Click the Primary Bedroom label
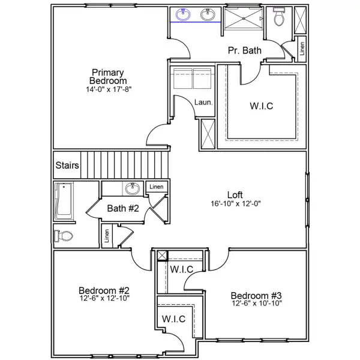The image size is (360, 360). click(108, 76)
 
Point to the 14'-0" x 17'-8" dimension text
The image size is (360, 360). click(108, 89)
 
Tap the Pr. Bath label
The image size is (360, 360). click(244, 51)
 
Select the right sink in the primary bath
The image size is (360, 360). click(208, 14)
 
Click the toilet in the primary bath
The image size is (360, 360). click(278, 18)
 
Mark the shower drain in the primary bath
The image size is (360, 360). click(260, 19)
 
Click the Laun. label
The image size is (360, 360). click(203, 103)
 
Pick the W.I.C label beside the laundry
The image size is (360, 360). click(262, 106)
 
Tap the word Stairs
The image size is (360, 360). click(67, 165)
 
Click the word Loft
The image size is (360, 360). click(235, 194)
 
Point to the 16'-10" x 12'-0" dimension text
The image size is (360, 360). click(235, 203)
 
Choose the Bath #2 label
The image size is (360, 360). click(123, 209)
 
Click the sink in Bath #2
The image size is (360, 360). click(133, 189)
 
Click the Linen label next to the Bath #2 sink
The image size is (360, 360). click(157, 187)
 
